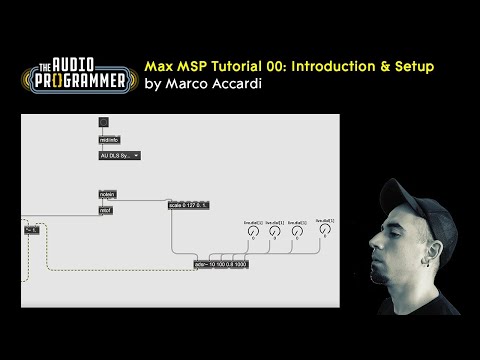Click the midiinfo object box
108,142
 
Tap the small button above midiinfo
103,123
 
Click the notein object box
107,193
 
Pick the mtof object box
105,210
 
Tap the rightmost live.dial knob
324,231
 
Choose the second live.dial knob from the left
274,232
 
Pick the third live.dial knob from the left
298,232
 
